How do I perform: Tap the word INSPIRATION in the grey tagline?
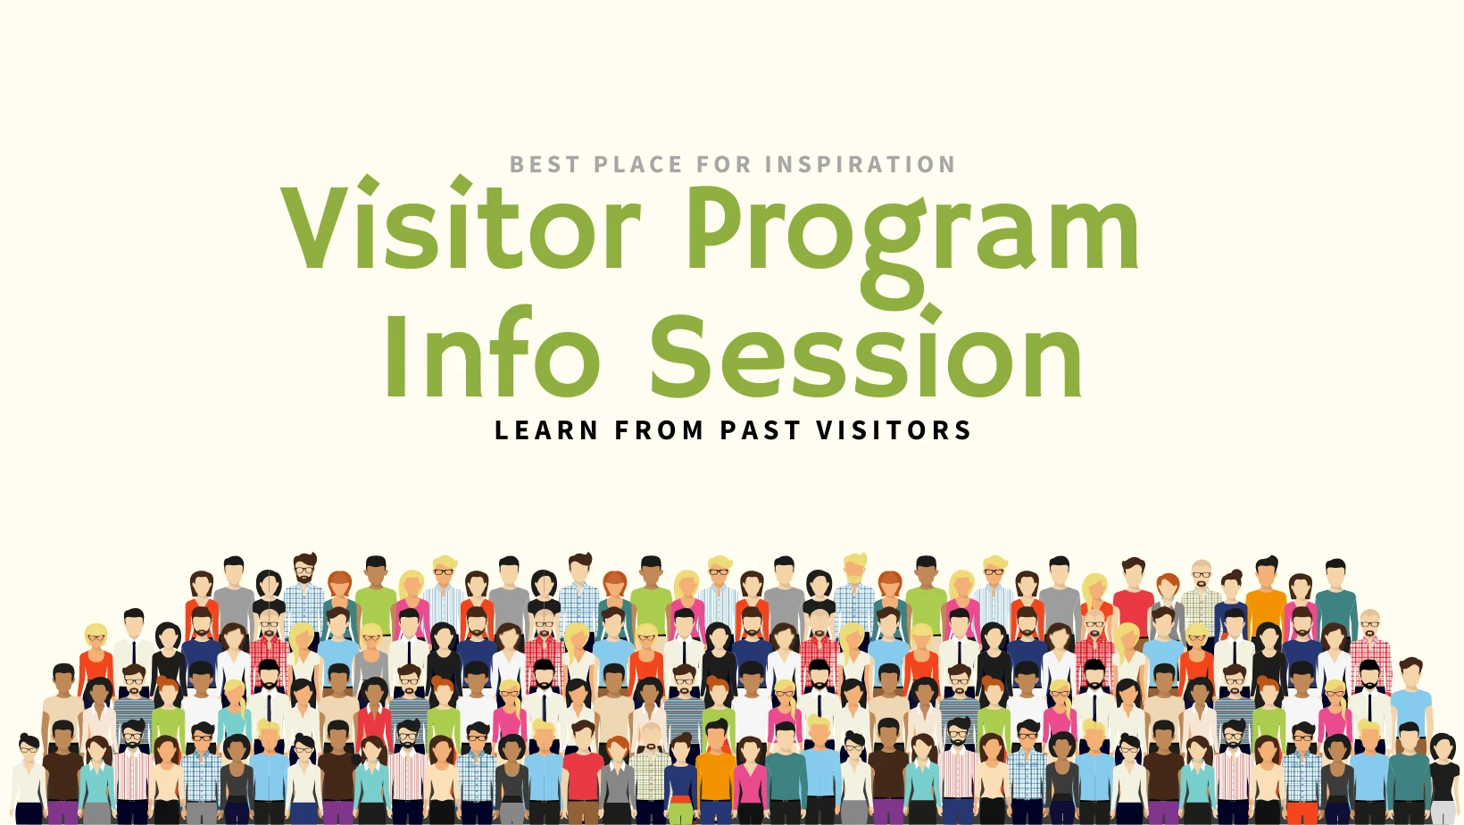(x=861, y=164)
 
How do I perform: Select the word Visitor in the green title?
(x=461, y=222)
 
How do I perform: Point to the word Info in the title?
(x=494, y=351)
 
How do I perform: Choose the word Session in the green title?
(x=866, y=352)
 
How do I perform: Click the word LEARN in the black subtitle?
(x=546, y=430)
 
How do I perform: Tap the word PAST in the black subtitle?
(x=761, y=430)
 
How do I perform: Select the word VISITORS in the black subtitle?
(x=894, y=430)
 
